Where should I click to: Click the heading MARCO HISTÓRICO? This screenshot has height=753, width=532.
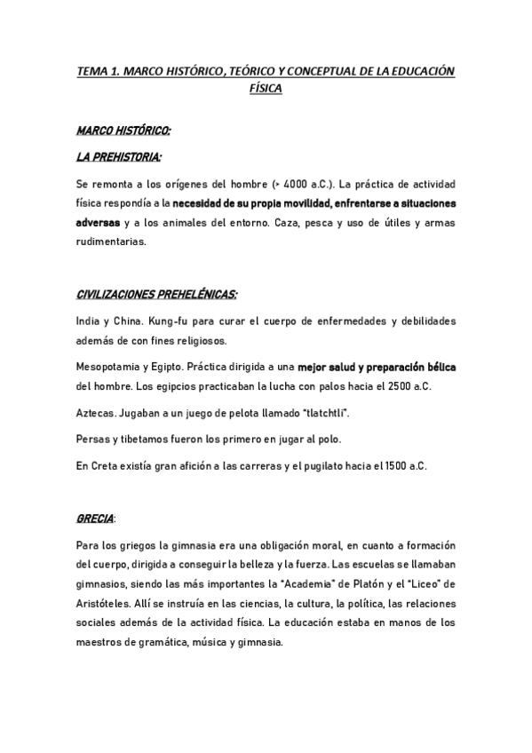pyautogui.click(x=123, y=131)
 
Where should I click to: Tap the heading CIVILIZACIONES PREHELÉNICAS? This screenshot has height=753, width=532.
pyautogui.click(x=157, y=293)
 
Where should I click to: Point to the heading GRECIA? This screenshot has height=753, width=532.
pyautogui.click(x=96, y=517)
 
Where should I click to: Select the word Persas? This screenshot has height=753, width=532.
pyautogui.click(x=95, y=440)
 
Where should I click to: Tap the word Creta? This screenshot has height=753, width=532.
pyautogui.click(x=106, y=466)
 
